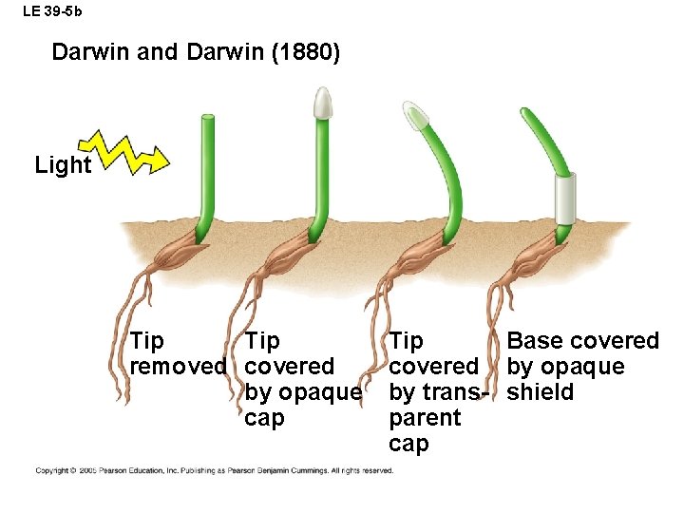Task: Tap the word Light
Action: pos(63,165)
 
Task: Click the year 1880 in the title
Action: pos(305,52)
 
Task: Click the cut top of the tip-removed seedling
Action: pos(206,117)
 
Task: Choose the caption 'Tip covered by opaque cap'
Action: pos(301,379)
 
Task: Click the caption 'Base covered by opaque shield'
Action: pos(581,366)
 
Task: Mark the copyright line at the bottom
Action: pos(215,470)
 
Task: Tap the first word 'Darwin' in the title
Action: pos(91,52)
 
